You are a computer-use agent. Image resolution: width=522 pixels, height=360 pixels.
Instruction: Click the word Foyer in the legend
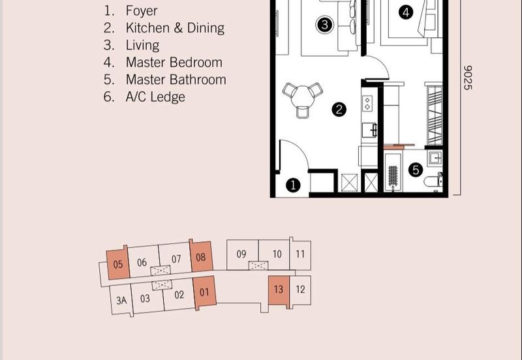pos(142,11)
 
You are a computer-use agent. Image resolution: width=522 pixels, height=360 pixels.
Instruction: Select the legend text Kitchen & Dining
pos(175,28)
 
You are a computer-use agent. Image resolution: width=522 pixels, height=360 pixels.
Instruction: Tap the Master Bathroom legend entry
pos(176,80)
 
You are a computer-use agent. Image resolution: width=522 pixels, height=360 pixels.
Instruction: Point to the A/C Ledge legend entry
pos(155,97)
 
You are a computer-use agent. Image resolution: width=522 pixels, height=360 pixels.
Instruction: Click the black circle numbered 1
pos(293,185)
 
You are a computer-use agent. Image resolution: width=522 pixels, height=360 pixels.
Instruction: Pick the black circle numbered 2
pos(339,110)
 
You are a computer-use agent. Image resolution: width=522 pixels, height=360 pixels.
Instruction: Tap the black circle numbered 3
pos(324,25)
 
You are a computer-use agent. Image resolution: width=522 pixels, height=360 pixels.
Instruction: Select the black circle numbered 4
pos(406,12)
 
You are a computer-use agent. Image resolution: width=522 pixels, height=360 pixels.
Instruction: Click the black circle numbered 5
pos(416,170)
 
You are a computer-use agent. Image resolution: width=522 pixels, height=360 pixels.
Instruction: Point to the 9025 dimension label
pos(468,78)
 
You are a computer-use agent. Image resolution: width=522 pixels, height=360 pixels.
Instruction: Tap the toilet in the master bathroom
pos(433,181)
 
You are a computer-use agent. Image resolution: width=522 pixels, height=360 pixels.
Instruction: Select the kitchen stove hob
pos(367,103)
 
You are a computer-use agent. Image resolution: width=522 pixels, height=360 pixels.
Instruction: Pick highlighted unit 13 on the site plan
pos(279,290)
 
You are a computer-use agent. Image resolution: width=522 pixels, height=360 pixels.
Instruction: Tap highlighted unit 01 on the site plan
pos(204,292)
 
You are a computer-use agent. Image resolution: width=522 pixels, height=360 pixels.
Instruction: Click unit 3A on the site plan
pos(121,300)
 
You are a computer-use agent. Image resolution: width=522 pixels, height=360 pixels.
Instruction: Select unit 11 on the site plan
pos(300,254)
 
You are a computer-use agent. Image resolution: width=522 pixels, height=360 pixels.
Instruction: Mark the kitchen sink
pos(369,130)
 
